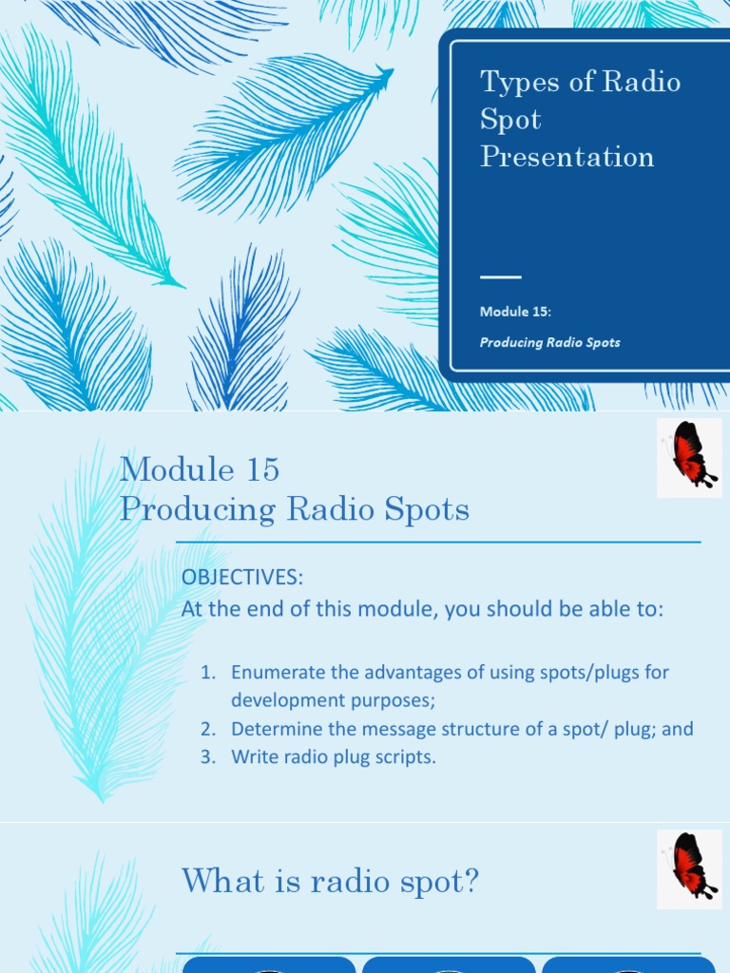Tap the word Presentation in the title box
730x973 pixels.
[x=567, y=157]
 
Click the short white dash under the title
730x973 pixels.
[x=501, y=277]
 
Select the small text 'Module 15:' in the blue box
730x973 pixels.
[x=516, y=312]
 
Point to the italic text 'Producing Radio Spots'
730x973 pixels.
[x=549, y=342]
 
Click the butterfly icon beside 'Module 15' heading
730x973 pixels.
[x=690, y=457]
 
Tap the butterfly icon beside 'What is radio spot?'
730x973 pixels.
[x=690, y=865]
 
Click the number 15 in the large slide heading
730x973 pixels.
[x=261, y=469]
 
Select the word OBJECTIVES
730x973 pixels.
[x=242, y=578]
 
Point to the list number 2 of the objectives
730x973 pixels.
[x=207, y=730]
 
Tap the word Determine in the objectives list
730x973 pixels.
[x=275, y=730]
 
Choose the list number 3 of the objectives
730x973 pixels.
[x=207, y=758]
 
